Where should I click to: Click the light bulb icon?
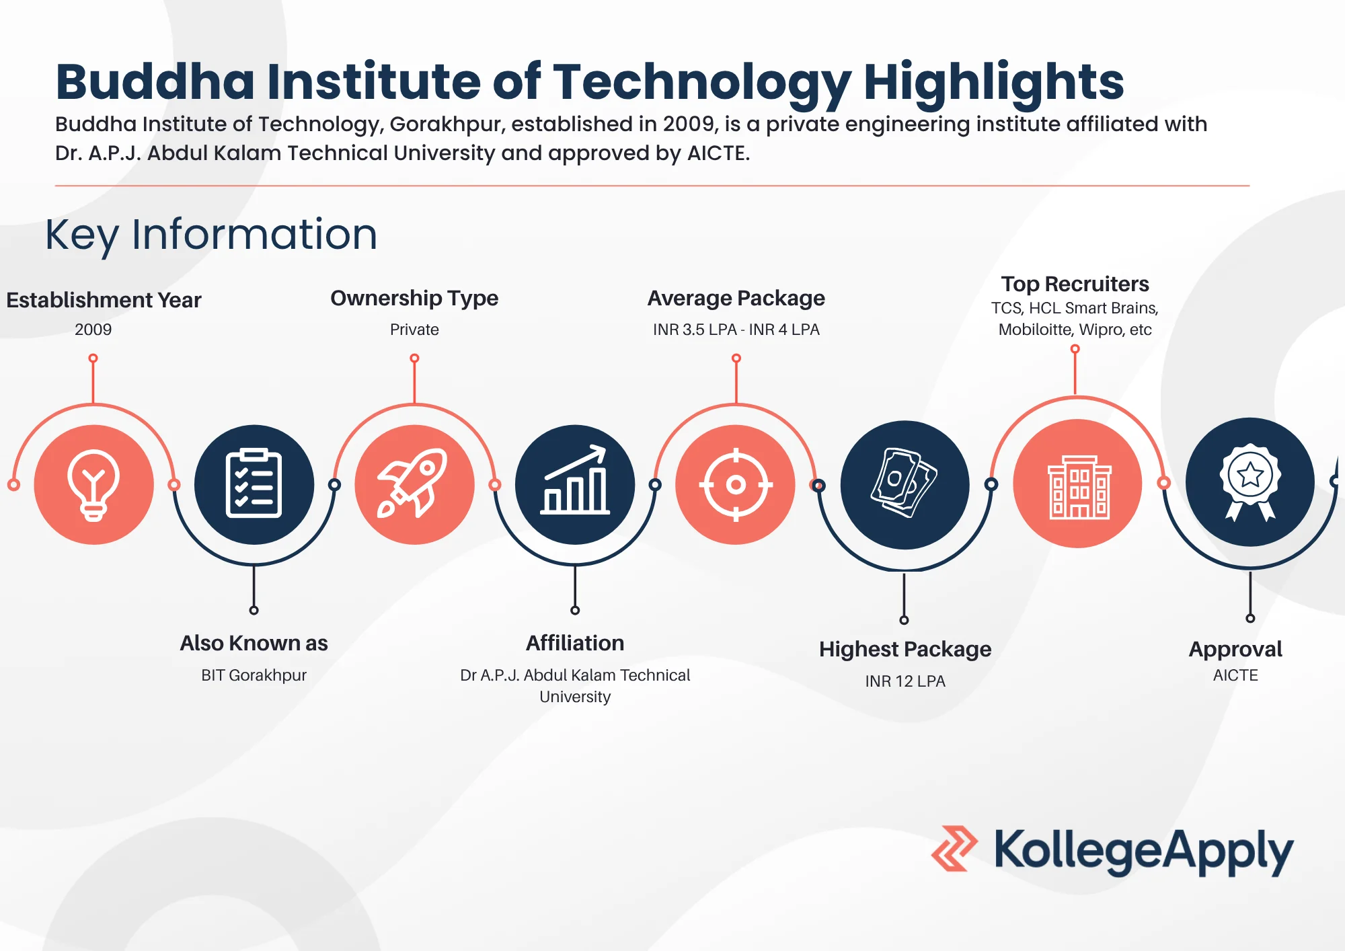93,484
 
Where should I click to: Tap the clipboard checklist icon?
254,484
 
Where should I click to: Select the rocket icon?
414,484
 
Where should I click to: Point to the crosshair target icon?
736,484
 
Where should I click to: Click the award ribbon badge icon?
1250,482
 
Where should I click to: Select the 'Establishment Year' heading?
104,300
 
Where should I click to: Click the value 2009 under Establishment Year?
93,330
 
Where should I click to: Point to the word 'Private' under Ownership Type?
414,330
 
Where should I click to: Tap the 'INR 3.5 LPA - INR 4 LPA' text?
736,330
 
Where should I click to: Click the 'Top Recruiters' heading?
1075,284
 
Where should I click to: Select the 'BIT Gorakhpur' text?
254,675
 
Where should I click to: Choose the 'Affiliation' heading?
575,643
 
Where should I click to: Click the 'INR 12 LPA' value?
905,681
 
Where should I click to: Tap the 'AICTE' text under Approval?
1235,675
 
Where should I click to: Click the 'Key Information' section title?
211,235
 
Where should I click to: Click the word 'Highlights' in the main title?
993,82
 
